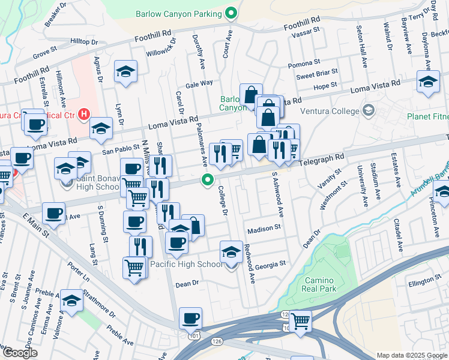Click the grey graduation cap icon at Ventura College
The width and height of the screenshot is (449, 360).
(x=368, y=110)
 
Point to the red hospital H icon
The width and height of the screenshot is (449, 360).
(x=85, y=113)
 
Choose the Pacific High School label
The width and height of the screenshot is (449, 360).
(x=186, y=265)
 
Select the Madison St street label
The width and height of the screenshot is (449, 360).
(x=264, y=228)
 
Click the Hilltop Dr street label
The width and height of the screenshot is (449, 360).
(x=83, y=42)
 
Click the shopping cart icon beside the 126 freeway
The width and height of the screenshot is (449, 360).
(x=300, y=320)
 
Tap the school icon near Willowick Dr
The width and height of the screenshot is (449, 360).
(x=126, y=72)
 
